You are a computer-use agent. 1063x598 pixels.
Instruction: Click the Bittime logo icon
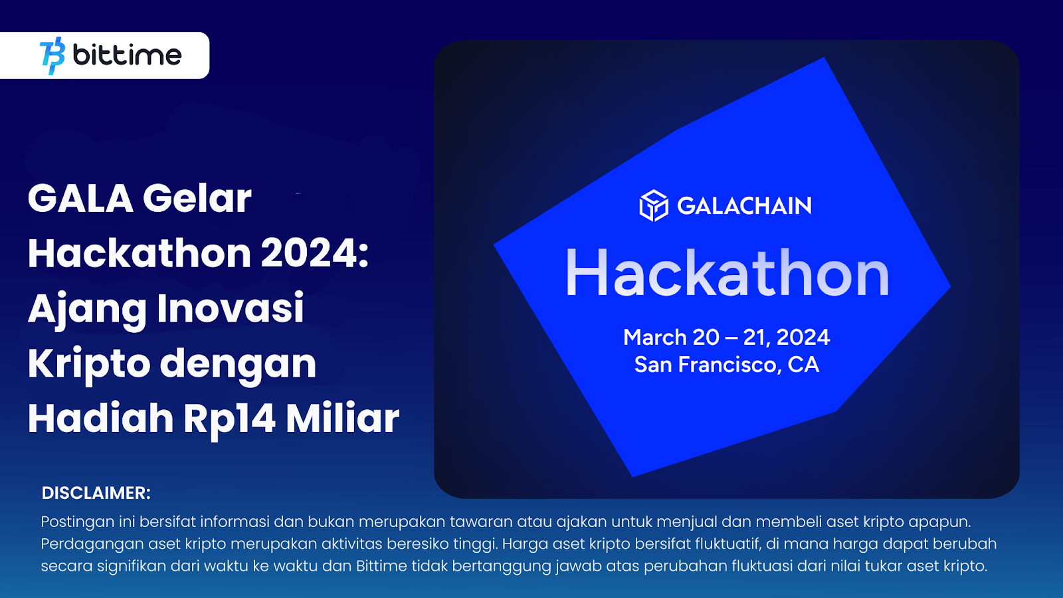pyautogui.click(x=52, y=56)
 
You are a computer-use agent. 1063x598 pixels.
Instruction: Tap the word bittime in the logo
pyautogui.click(x=127, y=54)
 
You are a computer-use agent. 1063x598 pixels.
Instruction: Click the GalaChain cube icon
pyautogui.click(x=654, y=205)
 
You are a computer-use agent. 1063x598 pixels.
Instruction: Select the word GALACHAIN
pyautogui.click(x=744, y=206)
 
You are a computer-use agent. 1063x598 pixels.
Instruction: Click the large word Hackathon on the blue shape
pyautogui.click(x=727, y=273)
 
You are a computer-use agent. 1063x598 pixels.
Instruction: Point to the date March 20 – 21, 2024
pyautogui.click(x=727, y=338)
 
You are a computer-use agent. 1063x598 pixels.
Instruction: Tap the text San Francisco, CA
pyautogui.click(x=727, y=365)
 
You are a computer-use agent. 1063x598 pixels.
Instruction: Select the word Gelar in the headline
pyautogui.click(x=197, y=199)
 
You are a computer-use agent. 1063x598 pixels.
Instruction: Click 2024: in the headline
pyautogui.click(x=315, y=253)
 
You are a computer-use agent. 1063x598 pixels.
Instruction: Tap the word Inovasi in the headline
pyautogui.click(x=230, y=308)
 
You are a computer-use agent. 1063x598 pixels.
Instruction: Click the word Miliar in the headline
pyautogui.click(x=342, y=418)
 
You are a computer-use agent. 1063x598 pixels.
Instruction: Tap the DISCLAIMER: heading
pyautogui.click(x=96, y=493)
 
